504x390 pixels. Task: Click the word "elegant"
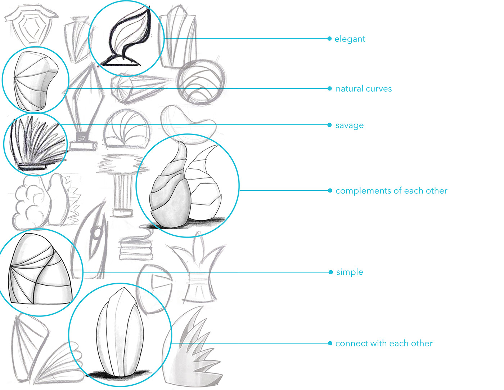(350, 39)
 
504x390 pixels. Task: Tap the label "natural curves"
(364, 89)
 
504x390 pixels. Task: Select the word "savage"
(349, 125)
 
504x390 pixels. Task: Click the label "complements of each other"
(391, 191)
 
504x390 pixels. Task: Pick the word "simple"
(350, 272)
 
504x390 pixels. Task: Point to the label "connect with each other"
(384, 344)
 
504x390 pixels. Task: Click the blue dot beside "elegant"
(329, 39)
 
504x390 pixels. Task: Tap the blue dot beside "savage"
(329, 125)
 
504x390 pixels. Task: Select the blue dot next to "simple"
(330, 272)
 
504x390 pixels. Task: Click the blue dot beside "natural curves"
(329, 88)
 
